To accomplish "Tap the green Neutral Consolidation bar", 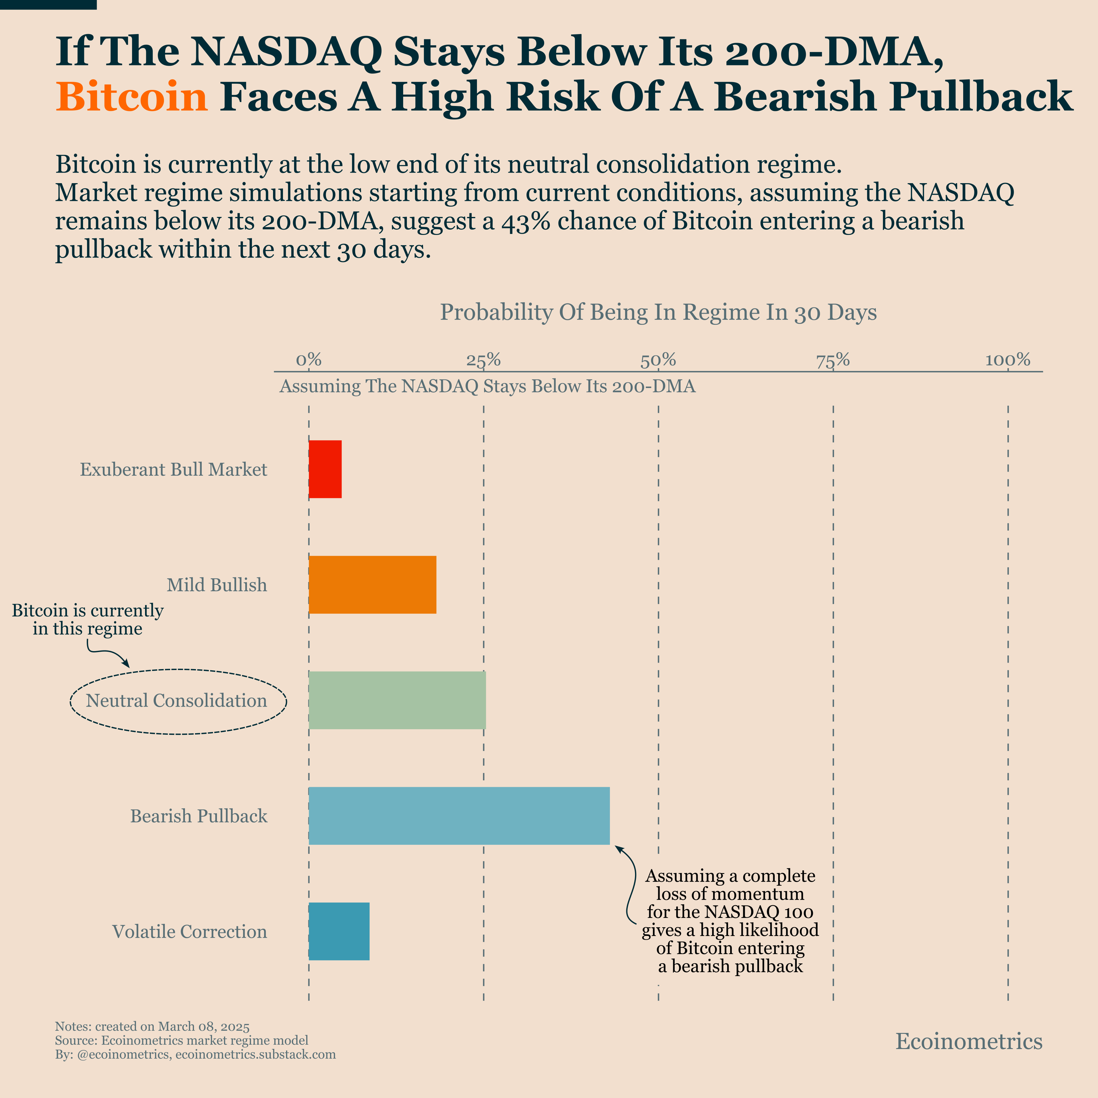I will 397,700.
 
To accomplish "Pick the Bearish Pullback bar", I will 459,816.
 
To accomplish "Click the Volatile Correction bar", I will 339,931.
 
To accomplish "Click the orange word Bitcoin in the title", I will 132,97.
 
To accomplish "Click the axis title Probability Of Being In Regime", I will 658,313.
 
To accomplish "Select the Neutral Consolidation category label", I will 176,700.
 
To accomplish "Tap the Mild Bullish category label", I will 217,585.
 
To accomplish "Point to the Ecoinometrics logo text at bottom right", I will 969,1041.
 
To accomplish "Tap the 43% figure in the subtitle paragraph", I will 525,221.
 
